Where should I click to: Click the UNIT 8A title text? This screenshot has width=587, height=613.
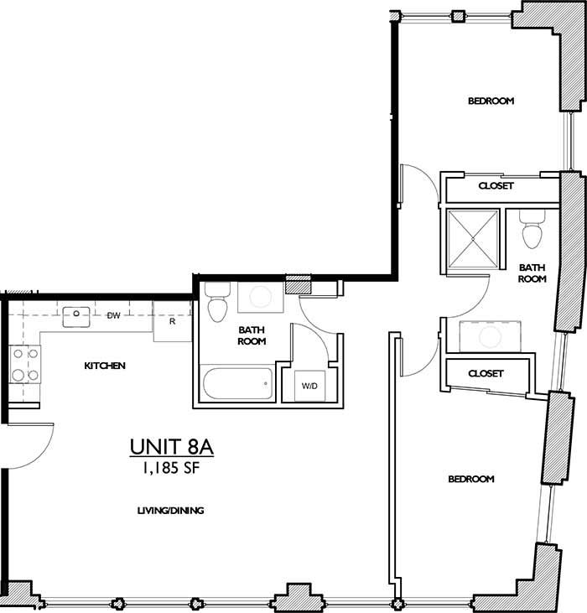(172, 447)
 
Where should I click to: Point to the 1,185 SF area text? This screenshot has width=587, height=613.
(172, 469)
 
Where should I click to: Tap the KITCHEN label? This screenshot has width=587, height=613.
(105, 366)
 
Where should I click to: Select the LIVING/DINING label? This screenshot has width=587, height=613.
(171, 510)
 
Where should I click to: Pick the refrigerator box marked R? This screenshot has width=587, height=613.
(172, 322)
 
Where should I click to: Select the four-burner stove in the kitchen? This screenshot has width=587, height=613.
(25, 365)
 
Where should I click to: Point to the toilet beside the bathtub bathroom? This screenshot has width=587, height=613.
(216, 304)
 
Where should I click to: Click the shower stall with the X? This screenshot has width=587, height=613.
(473, 239)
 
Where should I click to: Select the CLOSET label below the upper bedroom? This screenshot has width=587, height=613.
(496, 185)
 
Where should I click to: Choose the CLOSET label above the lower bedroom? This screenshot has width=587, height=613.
(486, 373)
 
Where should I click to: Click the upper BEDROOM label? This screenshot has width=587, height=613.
(491, 101)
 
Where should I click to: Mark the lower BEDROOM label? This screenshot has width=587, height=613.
(470, 479)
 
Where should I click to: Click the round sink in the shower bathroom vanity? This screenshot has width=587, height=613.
(489, 337)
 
